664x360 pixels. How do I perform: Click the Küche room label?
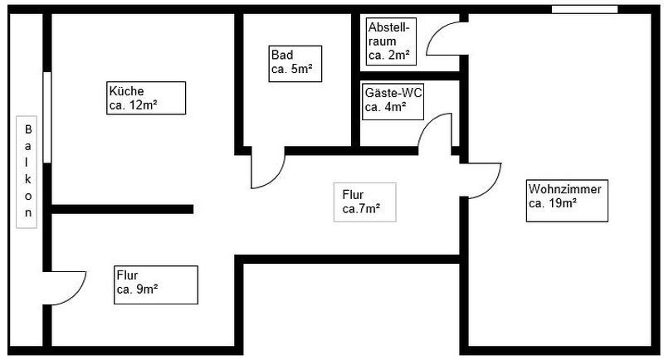[145, 98]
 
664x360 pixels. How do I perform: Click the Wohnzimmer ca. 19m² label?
[565, 197]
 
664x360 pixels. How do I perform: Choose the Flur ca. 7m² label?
[364, 202]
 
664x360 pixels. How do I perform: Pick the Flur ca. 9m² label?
[155, 284]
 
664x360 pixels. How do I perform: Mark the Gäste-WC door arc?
[434, 133]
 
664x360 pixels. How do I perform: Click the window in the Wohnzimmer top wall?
[585, 9]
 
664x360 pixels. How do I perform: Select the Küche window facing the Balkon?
[47, 117]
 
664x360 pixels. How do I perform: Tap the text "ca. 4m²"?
[386, 107]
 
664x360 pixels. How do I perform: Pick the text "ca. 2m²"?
[388, 56]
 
